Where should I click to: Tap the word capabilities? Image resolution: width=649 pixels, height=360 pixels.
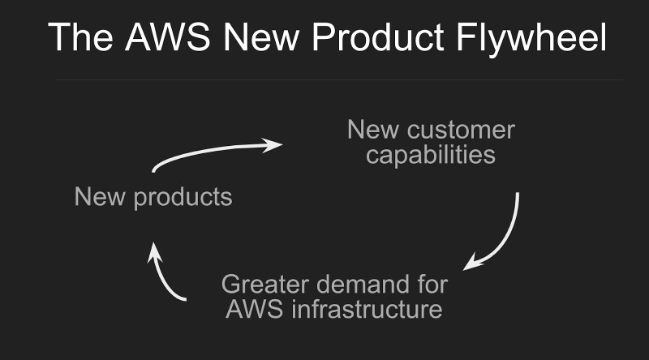431,154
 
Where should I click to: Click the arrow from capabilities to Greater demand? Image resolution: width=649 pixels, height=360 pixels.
505,235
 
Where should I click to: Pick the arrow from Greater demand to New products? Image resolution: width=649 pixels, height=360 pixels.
165,277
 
